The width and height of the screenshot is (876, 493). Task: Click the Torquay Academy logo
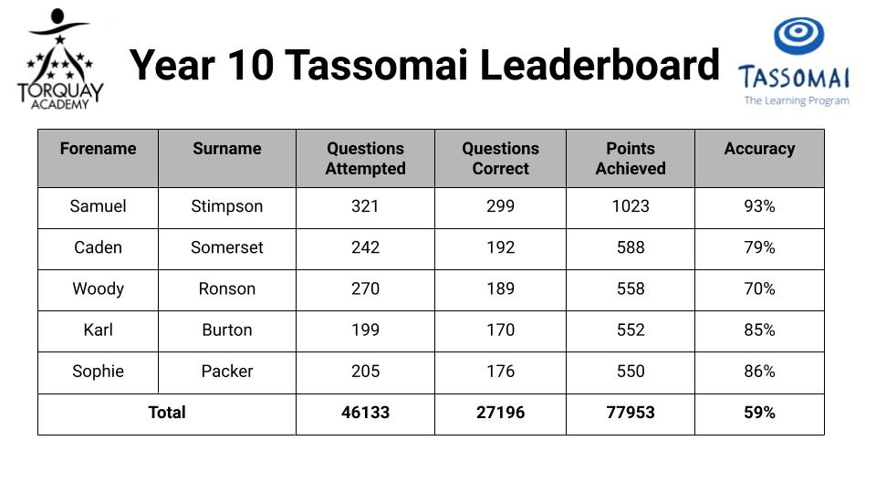[60, 58]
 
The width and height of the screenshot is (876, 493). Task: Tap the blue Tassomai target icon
[798, 36]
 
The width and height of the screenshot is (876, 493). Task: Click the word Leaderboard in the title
[600, 65]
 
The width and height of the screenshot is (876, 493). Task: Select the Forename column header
[99, 149]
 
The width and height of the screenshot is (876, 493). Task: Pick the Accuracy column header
[759, 149]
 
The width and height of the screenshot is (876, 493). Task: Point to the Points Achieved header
[631, 158]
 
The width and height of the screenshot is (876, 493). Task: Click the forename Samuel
[99, 206]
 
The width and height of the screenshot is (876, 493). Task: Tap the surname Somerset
[227, 247]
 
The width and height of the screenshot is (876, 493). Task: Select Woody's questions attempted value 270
[365, 289]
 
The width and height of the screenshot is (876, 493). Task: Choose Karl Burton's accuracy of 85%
[759, 330]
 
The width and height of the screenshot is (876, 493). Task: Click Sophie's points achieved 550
[631, 372]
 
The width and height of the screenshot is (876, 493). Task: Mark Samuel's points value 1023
[631, 206]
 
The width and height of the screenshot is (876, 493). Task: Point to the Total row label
[167, 413]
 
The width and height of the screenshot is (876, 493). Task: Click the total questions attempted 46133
[365, 413]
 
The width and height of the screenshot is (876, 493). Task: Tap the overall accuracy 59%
[759, 413]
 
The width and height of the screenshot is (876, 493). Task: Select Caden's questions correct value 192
[501, 247]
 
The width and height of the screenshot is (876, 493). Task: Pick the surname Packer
[227, 372]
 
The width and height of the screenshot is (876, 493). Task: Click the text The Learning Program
[797, 100]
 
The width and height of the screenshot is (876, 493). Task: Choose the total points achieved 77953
[631, 413]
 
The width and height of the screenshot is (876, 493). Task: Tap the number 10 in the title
[251, 65]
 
